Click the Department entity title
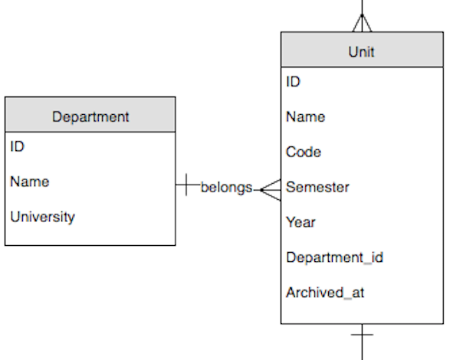coord(90,117)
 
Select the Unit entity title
coord(361,51)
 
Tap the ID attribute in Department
coord(18,146)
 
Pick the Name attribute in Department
coord(30,182)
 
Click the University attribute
coord(42,217)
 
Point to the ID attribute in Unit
coord(294,81)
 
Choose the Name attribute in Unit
coord(305,117)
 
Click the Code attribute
coord(304,152)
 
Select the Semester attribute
coord(317,187)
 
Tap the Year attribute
coord(300,222)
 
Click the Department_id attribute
coord(334,257)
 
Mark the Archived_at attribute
coord(325,293)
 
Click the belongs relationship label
coord(226,187)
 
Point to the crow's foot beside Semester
coord(270,187)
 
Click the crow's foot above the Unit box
coord(361,23)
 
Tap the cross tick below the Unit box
coord(361,335)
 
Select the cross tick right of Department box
coord(187,185)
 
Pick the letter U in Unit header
coord(353,51)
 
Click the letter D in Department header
coord(57,117)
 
